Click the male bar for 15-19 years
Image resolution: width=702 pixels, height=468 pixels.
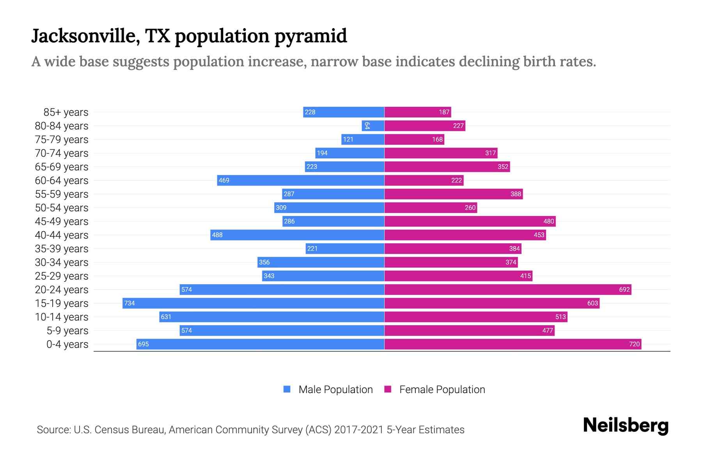click(x=253, y=303)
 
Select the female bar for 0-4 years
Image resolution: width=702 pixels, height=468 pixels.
click(x=513, y=344)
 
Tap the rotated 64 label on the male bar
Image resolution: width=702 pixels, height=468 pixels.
click(x=367, y=126)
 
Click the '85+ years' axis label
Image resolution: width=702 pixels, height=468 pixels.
click(x=66, y=112)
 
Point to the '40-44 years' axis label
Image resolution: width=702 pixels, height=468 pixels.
click(x=62, y=235)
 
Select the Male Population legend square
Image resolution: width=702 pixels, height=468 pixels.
click(x=287, y=389)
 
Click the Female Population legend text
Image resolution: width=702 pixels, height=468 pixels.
click(x=442, y=390)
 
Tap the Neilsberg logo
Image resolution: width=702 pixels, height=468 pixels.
click(x=626, y=425)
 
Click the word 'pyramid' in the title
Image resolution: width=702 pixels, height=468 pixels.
click(x=310, y=37)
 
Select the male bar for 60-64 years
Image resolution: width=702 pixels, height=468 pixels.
click(x=300, y=180)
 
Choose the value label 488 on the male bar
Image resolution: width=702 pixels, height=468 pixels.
click(x=217, y=235)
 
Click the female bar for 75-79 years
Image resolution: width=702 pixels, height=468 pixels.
click(x=414, y=139)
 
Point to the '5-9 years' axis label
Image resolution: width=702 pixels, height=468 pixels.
click(x=67, y=331)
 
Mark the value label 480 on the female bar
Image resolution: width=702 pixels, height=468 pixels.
click(x=548, y=221)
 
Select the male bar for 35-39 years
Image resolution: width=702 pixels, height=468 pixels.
click(x=345, y=248)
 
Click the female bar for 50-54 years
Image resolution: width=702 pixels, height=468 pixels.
click(x=431, y=207)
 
